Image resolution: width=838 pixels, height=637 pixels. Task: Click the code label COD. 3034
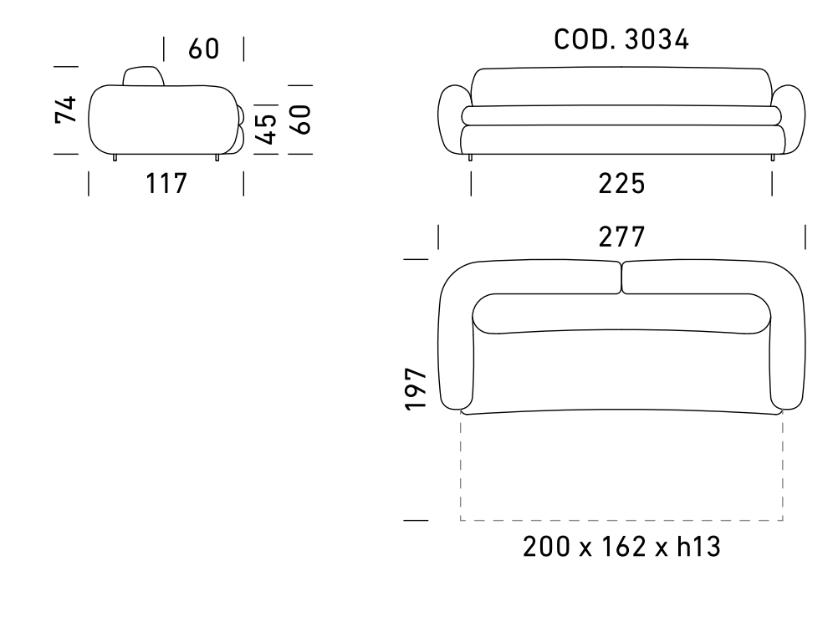pyautogui.click(x=621, y=39)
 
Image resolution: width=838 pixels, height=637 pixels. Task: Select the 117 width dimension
pyautogui.click(x=166, y=183)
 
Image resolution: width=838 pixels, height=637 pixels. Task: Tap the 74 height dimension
pyautogui.click(x=66, y=110)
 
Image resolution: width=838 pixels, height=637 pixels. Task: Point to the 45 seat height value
pyautogui.click(x=266, y=130)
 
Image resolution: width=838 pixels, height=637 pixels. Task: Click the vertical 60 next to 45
pyautogui.click(x=301, y=120)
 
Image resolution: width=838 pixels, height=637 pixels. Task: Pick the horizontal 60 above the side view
pyautogui.click(x=203, y=48)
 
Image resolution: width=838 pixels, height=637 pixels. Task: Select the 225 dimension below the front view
pyautogui.click(x=621, y=183)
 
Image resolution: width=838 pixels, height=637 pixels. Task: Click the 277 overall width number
pyautogui.click(x=621, y=237)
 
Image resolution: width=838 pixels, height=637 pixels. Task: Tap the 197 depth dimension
pyautogui.click(x=416, y=389)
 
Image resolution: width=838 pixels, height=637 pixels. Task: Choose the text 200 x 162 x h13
pyautogui.click(x=621, y=547)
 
